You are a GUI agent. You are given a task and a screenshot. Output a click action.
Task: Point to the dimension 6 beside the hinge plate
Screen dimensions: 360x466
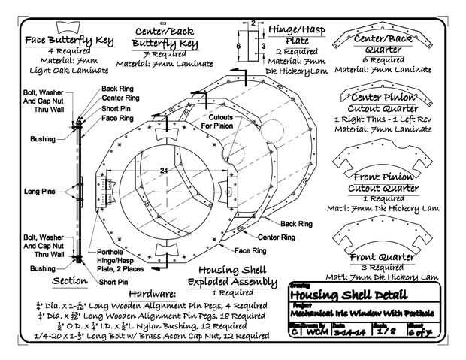[x=238, y=46]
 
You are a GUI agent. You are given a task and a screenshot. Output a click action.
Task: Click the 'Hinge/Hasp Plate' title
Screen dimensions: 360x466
[x=295, y=34]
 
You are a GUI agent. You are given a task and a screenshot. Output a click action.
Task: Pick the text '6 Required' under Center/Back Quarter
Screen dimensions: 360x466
[x=386, y=59]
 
